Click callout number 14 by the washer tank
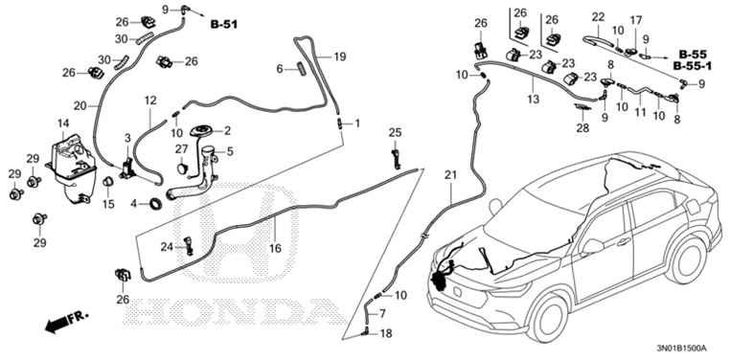pos(63,124)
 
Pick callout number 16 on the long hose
pos(274,247)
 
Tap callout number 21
pos(450,174)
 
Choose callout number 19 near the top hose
pos(339,56)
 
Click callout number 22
pos(598,16)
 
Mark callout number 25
pos(395,131)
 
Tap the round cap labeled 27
pos(181,167)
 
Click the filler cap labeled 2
pos(203,131)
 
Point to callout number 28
pos(582,127)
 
